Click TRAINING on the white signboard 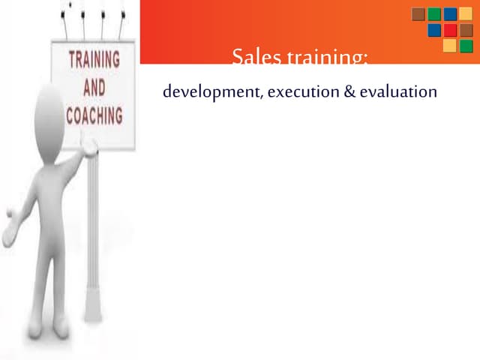pos(94,59)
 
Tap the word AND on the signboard pos(95,88)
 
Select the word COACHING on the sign pos(94,116)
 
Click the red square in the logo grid pos(450,30)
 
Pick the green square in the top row pos(434,14)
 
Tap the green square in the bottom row pos(466,46)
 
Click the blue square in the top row pos(450,14)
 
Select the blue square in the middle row pos(434,30)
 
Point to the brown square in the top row pos(418,14)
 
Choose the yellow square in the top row pos(466,14)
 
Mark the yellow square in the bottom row pos(450,46)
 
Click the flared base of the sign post pos(93,308)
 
